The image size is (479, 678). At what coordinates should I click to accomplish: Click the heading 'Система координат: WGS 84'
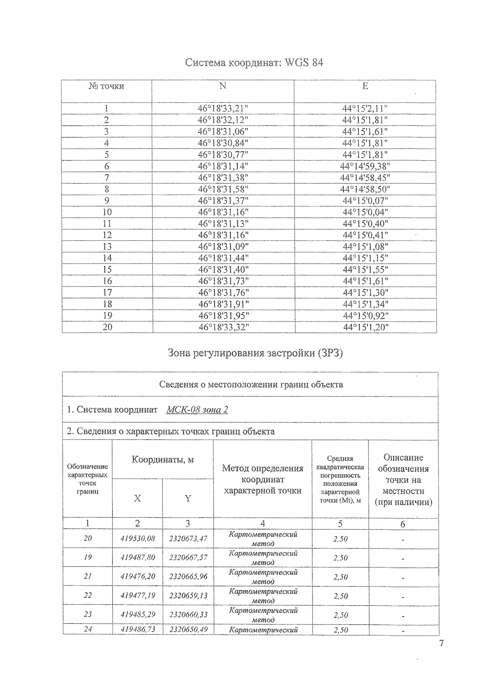point(254,63)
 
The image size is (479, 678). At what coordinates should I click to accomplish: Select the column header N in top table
point(223,86)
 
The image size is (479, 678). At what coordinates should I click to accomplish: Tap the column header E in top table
point(365,86)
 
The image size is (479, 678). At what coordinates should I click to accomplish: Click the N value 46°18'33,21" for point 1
point(224,108)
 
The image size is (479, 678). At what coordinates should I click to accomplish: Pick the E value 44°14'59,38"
point(365,166)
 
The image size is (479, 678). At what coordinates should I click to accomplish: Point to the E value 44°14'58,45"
point(365,177)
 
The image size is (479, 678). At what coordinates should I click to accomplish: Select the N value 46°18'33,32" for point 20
point(224,327)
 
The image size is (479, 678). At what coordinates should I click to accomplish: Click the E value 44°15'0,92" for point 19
point(365,316)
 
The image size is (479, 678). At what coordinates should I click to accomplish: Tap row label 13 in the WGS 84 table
point(107,247)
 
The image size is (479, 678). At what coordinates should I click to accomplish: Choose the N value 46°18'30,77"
point(224,154)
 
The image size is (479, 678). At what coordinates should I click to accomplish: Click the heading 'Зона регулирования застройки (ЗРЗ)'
point(255,353)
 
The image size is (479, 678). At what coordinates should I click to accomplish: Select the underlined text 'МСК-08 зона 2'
point(197,410)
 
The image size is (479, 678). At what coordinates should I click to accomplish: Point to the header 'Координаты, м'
point(163,459)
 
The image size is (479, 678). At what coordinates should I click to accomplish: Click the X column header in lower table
point(137,498)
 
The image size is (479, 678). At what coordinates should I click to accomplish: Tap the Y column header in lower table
point(188,498)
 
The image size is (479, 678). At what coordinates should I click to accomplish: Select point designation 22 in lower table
point(88,595)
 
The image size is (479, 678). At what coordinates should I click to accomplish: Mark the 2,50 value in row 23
point(340,615)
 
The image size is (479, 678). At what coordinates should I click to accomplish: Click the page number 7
point(441,644)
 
